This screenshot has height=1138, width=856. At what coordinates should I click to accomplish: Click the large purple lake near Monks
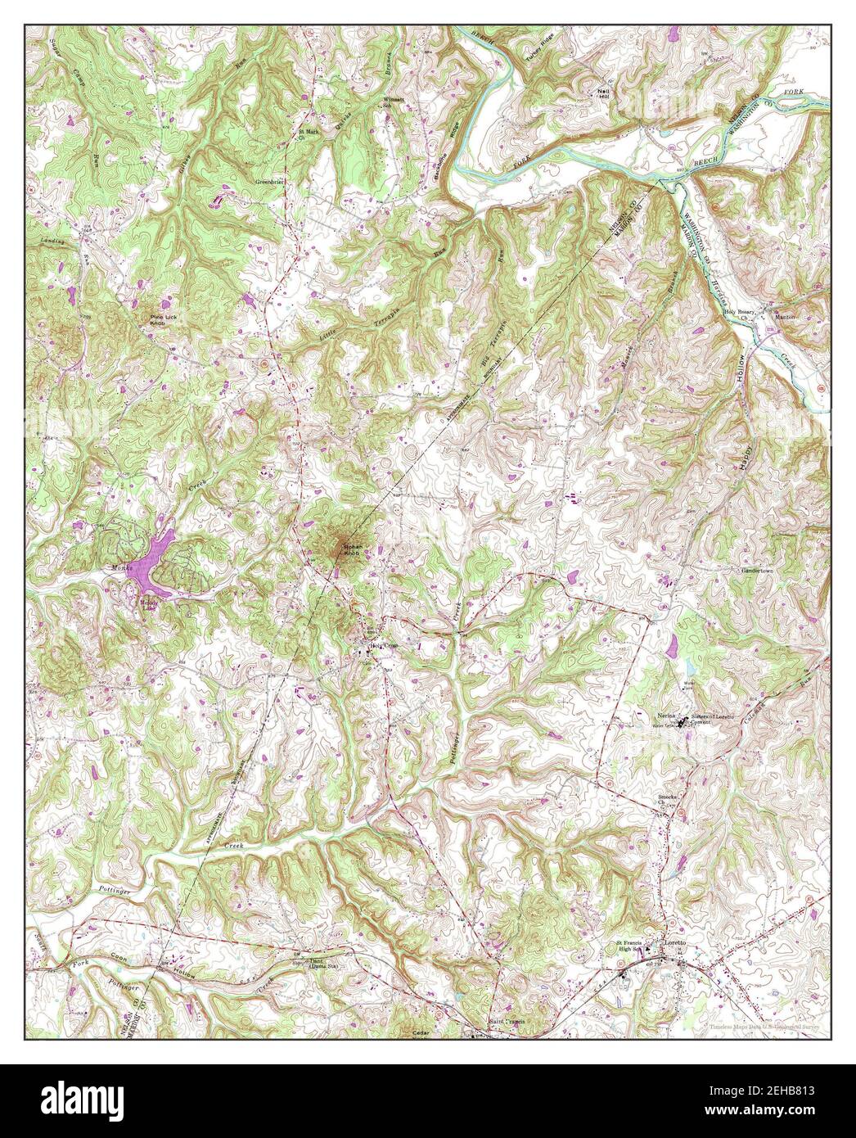(x=151, y=564)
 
